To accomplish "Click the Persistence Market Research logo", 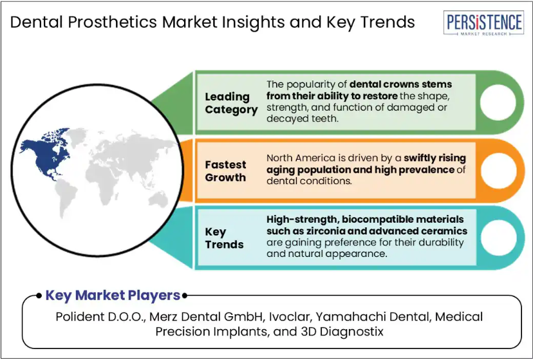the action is click(x=483, y=23).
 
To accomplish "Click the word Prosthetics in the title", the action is click(x=112, y=23).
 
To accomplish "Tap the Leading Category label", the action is click(x=231, y=103).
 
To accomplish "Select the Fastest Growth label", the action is click(x=225, y=171).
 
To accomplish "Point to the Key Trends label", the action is click(x=225, y=238).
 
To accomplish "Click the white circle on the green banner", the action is click(x=498, y=102).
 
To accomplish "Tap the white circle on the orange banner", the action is click(x=498, y=171).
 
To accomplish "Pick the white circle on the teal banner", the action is click(x=498, y=238).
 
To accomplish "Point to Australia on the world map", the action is click(x=158, y=199).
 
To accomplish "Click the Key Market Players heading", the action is click(x=113, y=296).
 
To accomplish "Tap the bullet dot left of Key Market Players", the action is click(x=39, y=296).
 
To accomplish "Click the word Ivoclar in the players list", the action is click(x=290, y=317).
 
